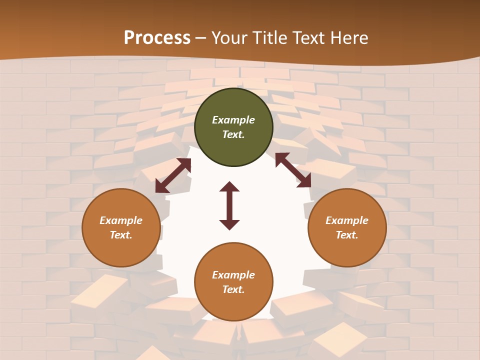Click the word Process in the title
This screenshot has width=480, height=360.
(157, 38)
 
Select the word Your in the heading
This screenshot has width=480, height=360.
(230, 38)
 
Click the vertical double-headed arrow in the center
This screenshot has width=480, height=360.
(229, 205)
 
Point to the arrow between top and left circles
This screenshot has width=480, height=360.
(173, 175)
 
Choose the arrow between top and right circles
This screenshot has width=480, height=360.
(293, 170)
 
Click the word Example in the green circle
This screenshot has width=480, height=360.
(233, 120)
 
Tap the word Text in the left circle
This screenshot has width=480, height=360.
(121, 235)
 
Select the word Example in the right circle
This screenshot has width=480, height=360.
(347, 220)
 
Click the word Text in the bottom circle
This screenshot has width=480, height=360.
(233, 289)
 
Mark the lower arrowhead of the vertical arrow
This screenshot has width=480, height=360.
(229, 224)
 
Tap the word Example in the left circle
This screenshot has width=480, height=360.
(121, 220)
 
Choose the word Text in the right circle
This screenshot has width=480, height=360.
(347, 235)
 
